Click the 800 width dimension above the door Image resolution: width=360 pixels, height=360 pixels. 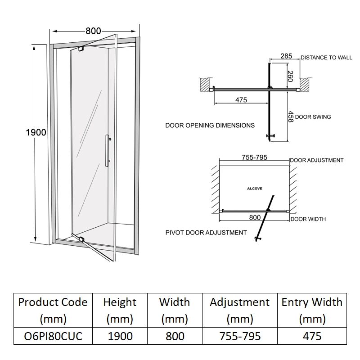pos(93,31)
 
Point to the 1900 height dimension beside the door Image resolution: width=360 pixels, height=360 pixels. pos(36,132)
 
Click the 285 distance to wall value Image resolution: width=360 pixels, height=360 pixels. pos(286,56)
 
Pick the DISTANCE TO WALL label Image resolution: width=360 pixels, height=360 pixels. pos(326,58)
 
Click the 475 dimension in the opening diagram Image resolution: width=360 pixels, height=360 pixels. pos(241,100)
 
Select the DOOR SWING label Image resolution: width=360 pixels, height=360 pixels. pos(313,117)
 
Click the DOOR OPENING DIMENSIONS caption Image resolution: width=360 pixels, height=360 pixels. pos(210,125)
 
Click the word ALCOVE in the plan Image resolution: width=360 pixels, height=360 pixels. pos(254,189)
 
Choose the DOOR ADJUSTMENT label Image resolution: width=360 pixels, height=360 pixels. pos(316,160)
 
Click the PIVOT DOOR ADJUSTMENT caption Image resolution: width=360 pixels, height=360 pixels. pos(206,233)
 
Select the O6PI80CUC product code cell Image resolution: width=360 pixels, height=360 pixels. pos(53,336)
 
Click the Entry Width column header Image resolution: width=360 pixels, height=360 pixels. pos(312,310)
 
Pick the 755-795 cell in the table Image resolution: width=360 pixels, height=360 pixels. pos(239,336)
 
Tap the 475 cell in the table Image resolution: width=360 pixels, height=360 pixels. pos(312,336)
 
